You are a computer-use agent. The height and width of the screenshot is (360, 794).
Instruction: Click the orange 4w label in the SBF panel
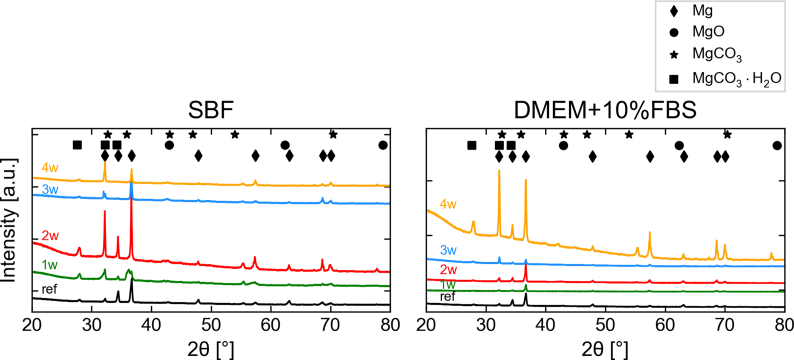coord(48,168)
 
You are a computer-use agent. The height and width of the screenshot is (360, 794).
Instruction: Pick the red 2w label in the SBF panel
coord(48,236)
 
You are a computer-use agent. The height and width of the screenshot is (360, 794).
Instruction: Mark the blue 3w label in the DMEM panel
coord(448,250)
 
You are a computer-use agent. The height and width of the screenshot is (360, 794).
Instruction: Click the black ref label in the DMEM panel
coord(449,297)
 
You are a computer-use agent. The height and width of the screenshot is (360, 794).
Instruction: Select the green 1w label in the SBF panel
coord(48,265)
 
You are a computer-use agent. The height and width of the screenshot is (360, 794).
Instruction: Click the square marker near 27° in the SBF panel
coord(78,145)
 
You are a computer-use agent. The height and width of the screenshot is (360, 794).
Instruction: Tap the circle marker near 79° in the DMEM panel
coord(777,145)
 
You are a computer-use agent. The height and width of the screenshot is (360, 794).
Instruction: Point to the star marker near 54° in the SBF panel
coord(235,134)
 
